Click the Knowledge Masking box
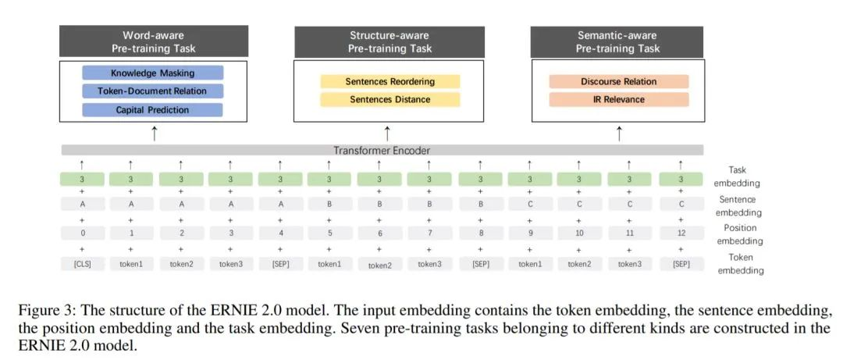tap(153, 73)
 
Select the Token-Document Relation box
tap(153, 91)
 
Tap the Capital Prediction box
tap(153, 110)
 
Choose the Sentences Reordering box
tap(390, 81)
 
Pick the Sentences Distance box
tap(390, 99)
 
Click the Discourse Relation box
tap(618, 81)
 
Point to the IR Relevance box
tap(618, 99)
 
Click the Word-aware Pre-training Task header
tap(154, 41)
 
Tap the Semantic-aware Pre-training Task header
tap(617, 41)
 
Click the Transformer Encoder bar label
tap(382, 150)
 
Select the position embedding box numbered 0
tap(82, 233)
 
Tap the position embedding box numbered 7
tap(429, 233)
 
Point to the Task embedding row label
tap(737, 176)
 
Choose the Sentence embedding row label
tap(737, 205)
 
